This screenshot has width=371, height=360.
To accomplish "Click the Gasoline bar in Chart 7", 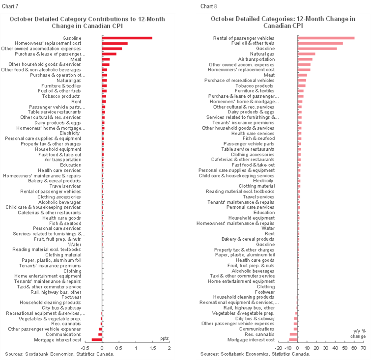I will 127,38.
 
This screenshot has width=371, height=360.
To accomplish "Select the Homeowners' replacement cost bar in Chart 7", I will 114,43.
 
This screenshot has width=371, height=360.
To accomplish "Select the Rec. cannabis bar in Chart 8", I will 293,334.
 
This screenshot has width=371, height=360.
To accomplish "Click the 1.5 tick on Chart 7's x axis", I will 152,348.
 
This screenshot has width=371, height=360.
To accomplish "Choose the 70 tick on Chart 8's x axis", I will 363,348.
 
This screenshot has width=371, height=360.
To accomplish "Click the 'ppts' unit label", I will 165,338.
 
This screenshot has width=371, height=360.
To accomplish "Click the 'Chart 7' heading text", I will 12,6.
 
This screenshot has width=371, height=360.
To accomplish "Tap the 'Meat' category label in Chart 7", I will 76,59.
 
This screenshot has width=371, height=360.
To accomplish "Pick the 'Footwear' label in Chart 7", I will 71,297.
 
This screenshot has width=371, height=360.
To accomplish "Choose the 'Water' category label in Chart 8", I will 268,228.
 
